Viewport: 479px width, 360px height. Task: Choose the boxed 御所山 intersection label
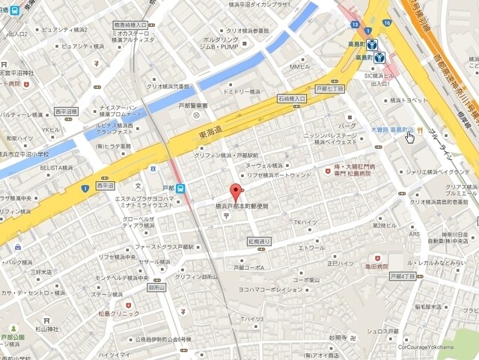(x=156, y=287)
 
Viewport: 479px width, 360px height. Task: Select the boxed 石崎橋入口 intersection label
(x=292, y=98)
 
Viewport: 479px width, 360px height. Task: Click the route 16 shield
(x=386, y=23)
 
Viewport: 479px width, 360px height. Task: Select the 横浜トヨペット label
(x=406, y=100)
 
